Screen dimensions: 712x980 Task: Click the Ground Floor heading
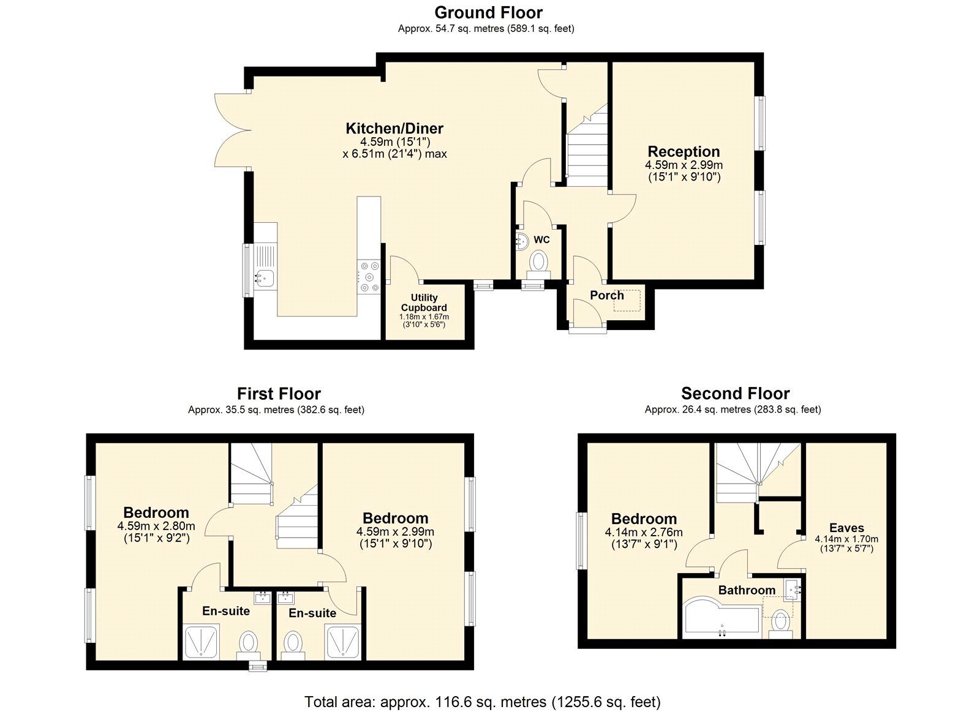pyautogui.click(x=488, y=12)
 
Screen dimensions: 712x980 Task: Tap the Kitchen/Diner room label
pyautogui.click(x=394, y=129)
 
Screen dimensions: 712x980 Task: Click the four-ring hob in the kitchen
pyautogui.click(x=369, y=276)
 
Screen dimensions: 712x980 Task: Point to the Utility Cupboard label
pyautogui.click(x=424, y=302)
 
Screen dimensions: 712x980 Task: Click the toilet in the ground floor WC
pyautogui.click(x=539, y=262)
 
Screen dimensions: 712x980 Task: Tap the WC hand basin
pyautogui.click(x=521, y=240)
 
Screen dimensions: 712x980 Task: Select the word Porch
pyautogui.click(x=606, y=295)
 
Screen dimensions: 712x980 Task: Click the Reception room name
pyautogui.click(x=684, y=151)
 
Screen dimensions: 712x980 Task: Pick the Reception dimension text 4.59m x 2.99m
pyautogui.click(x=684, y=165)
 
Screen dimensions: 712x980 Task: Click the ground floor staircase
pyautogui.click(x=586, y=153)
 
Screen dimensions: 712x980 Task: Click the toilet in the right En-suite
pyautogui.click(x=293, y=643)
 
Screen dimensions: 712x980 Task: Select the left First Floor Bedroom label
pyautogui.click(x=156, y=512)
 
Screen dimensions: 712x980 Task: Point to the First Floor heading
pyautogui.click(x=279, y=394)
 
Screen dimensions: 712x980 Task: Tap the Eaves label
pyautogui.click(x=846, y=528)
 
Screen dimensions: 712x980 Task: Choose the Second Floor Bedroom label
pyautogui.click(x=644, y=519)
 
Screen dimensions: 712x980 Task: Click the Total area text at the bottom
pyautogui.click(x=482, y=702)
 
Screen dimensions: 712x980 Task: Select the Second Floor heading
pyautogui.click(x=735, y=394)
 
